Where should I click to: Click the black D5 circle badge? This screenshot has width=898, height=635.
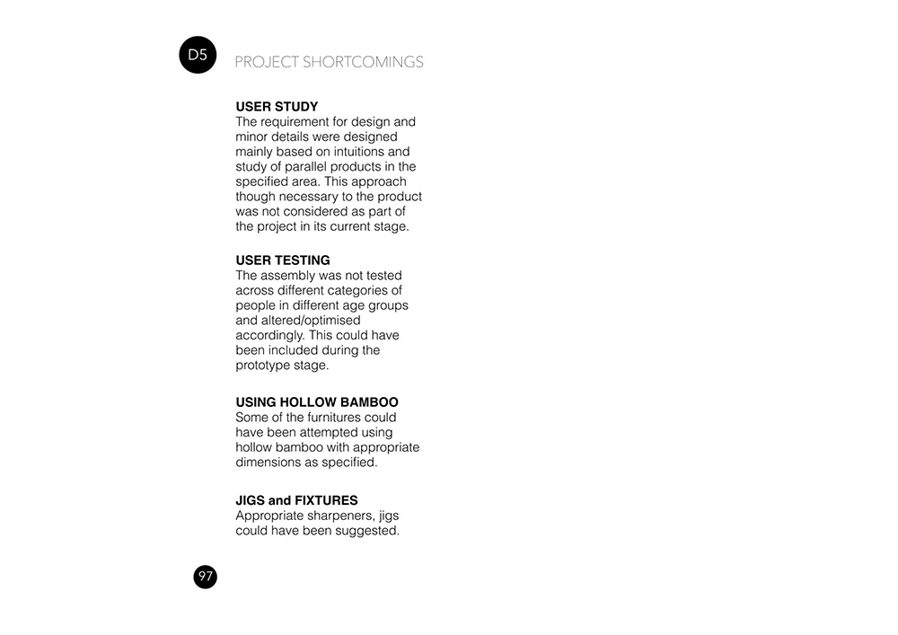(x=198, y=56)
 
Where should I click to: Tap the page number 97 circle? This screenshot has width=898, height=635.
(x=206, y=577)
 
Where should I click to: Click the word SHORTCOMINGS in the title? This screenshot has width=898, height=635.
(x=363, y=63)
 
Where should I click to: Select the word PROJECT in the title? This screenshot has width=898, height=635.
(x=267, y=63)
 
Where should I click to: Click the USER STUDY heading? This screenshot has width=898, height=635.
(x=277, y=107)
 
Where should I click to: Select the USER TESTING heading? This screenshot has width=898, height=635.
(x=283, y=260)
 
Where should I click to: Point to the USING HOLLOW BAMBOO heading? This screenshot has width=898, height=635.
(x=317, y=402)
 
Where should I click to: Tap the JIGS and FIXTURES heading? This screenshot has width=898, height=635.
(x=296, y=500)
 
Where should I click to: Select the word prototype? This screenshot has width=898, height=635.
(x=263, y=366)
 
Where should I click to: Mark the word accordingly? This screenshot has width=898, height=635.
(x=270, y=335)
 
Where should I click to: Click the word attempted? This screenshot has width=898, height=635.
(x=333, y=432)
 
